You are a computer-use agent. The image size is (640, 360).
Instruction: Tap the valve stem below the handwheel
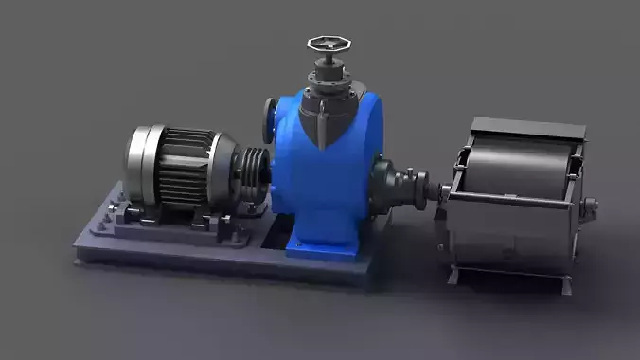(329, 66)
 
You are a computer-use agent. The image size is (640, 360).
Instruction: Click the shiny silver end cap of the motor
(143, 166)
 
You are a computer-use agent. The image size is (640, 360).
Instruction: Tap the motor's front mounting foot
(204, 222)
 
